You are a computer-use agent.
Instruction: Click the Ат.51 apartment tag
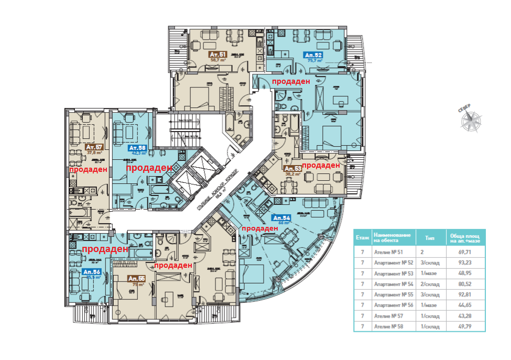point(218,54)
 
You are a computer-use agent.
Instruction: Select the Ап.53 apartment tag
point(292,169)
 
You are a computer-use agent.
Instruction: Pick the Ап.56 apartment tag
point(91,272)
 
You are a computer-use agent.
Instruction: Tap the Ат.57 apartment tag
point(94,147)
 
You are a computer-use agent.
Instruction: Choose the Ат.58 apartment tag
point(137,148)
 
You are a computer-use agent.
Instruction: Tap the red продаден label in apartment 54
point(260,228)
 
